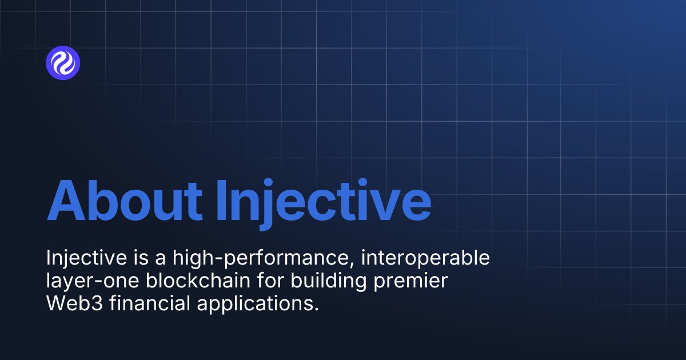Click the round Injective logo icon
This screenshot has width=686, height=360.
coord(63,63)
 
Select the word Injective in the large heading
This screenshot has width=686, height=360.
coord(323,201)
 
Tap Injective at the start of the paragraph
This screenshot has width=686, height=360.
coord(86,258)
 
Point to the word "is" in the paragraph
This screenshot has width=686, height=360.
coord(139,258)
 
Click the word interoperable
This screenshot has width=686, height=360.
coord(433,258)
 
